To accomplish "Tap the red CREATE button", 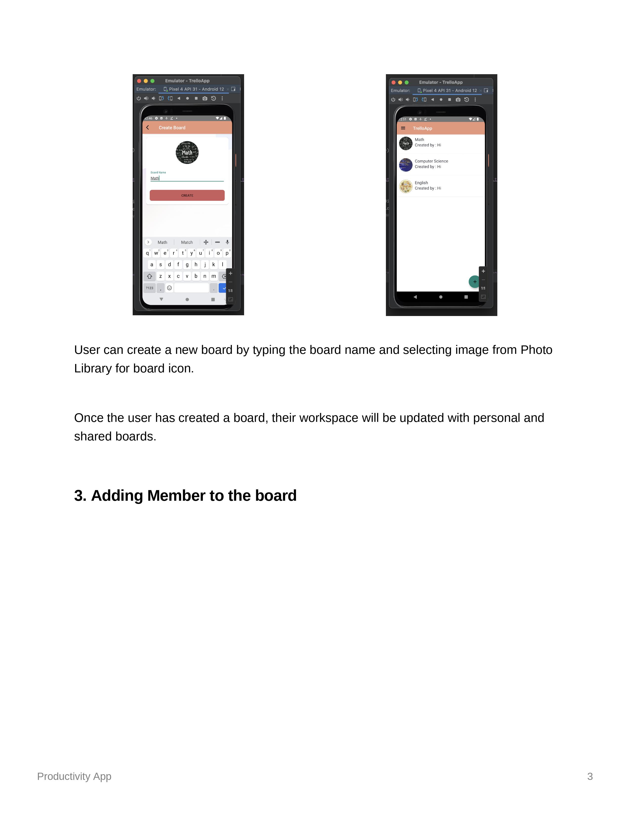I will [187, 195].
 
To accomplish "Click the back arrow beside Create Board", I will [148, 127].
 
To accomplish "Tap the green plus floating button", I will [474, 282].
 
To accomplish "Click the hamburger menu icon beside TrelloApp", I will [403, 128].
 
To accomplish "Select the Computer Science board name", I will [431, 161].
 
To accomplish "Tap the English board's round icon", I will [406, 186].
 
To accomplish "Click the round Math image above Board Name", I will [187, 152].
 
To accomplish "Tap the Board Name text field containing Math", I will [187, 178].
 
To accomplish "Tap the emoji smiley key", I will [169, 288].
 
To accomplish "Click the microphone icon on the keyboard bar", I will [227, 242].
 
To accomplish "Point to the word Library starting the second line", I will [93, 368].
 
